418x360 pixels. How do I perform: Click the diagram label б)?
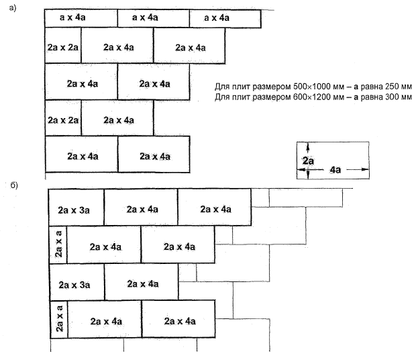pyautogui.click(x=14, y=183)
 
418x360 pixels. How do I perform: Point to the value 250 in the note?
pyautogui.click(x=389, y=87)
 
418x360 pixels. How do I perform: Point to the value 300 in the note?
pyautogui.click(x=389, y=98)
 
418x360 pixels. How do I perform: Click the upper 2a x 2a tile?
pyautogui.click(x=63, y=47)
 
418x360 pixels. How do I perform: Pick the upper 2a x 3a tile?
pyautogui.click(x=76, y=209)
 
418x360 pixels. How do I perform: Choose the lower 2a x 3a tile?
pyautogui.click(x=76, y=284)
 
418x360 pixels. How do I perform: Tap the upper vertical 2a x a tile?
pyautogui.click(x=59, y=245)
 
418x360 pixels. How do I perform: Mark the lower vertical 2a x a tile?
pyautogui.click(x=59, y=320)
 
